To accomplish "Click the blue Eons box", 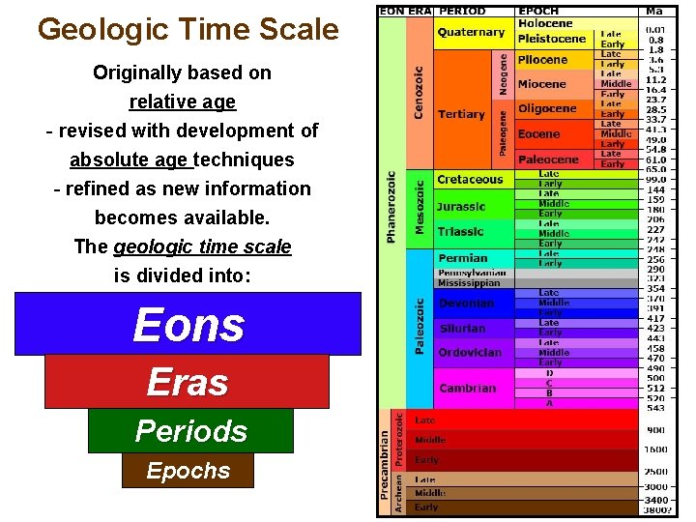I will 188,324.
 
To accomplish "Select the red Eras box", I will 187,382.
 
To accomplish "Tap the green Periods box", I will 190,431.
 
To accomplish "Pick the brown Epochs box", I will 188,471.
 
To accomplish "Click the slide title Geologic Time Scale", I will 188,29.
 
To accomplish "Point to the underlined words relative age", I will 182,101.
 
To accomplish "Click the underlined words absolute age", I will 130,159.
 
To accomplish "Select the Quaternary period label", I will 471,32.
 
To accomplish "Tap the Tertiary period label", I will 461,114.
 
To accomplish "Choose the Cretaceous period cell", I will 470,180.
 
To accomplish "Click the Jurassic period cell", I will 461,206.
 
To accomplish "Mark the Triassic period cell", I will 460,232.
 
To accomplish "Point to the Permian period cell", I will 462,258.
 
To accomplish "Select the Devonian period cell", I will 466,304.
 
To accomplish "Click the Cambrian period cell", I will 467,389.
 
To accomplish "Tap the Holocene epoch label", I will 545,23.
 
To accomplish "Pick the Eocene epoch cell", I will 538,134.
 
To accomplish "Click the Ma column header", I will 654,11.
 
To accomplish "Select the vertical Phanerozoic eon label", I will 391,208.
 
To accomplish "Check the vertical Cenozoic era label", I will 419,92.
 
